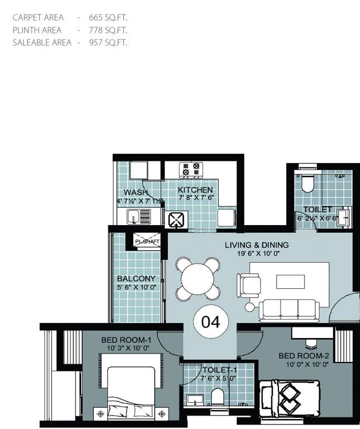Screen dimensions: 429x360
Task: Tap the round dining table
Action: click(197, 278)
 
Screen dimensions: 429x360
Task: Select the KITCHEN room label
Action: click(195, 190)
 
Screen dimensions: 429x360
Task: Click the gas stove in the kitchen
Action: click(190, 169)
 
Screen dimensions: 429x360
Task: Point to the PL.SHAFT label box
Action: click(147, 241)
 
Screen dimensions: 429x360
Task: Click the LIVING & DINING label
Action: click(257, 245)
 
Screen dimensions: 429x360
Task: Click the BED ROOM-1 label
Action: click(126, 340)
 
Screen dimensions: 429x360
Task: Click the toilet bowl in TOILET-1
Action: click(217, 397)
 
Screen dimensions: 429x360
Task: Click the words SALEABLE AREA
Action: click(42, 42)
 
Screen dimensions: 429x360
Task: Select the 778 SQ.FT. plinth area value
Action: click(108, 30)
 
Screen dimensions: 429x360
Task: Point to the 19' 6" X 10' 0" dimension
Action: click(257, 254)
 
